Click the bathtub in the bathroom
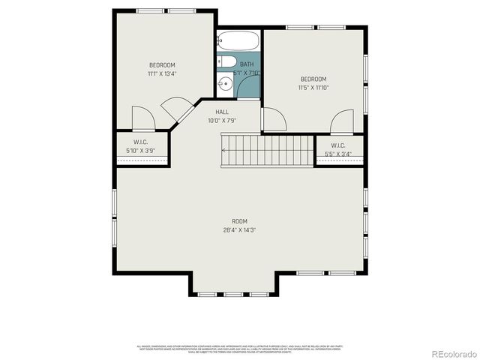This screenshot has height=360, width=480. (238, 40)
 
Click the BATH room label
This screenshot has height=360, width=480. (247, 65)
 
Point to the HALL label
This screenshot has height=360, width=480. (222, 112)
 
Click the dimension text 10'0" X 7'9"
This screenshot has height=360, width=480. (222, 120)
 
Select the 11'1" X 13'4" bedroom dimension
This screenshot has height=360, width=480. (161, 73)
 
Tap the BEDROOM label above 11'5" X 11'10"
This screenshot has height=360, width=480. (313, 79)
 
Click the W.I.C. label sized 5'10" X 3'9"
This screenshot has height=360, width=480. (140, 142)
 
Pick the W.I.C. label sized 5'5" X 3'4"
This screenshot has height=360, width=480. (337, 145)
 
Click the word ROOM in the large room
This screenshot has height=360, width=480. (239, 221)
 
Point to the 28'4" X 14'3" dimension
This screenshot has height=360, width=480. (239, 229)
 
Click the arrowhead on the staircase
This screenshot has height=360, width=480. (223, 151)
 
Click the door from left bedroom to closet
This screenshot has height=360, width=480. (142, 118)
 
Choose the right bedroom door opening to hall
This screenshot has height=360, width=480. (273, 118)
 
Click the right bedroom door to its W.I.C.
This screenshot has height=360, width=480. (342, 121)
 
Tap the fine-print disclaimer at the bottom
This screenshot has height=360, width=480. (239, 349)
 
